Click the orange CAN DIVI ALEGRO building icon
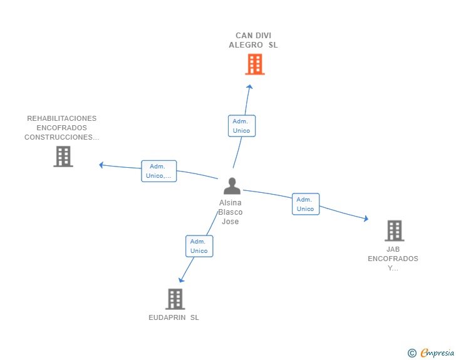pyautogui.click(x=254, y=64)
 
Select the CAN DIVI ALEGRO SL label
pyautogui.click(x=253, y=40)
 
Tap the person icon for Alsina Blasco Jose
pyautogui.click(x=232, y=186)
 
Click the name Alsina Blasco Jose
pyautogui.click(x=231, y=212)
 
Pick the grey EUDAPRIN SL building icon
pyautogui.click(x=175, y=299)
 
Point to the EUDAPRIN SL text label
pyautogui.click(x=174, y=317)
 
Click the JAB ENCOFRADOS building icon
pyautogui.click(x=394, y=230)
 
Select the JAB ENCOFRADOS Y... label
pyautogui.click(x=393, y=259)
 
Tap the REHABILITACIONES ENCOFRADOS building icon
pyautogui.click(x=63, y=157)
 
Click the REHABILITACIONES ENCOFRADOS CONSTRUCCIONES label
pyautogui.click(x=61, y=128)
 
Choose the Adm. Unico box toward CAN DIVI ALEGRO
pyautogui.click(x=241, y=126)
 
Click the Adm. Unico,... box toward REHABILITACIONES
pyautogui.click(x=158, y=171)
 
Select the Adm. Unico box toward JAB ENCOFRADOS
pyautogui.click(x=305, y=204)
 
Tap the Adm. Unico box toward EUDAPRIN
pyautogui.click(x=199, y=246)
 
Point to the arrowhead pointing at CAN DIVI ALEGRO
pyautogui.click(x=249, y=88)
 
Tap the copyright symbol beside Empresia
pyautogui.click(x=412, y=354)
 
